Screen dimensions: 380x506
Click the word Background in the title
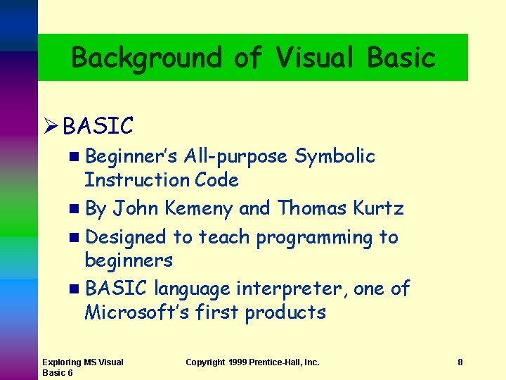[x=147, y=58]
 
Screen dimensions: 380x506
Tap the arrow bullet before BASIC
[x=49, y=127]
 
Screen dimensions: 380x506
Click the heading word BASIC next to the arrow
[x=98, y=127]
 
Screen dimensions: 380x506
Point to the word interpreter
[x=291, y=289]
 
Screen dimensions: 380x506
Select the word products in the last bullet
[x=285, y=312]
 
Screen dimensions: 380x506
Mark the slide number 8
[x=460, y=362]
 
